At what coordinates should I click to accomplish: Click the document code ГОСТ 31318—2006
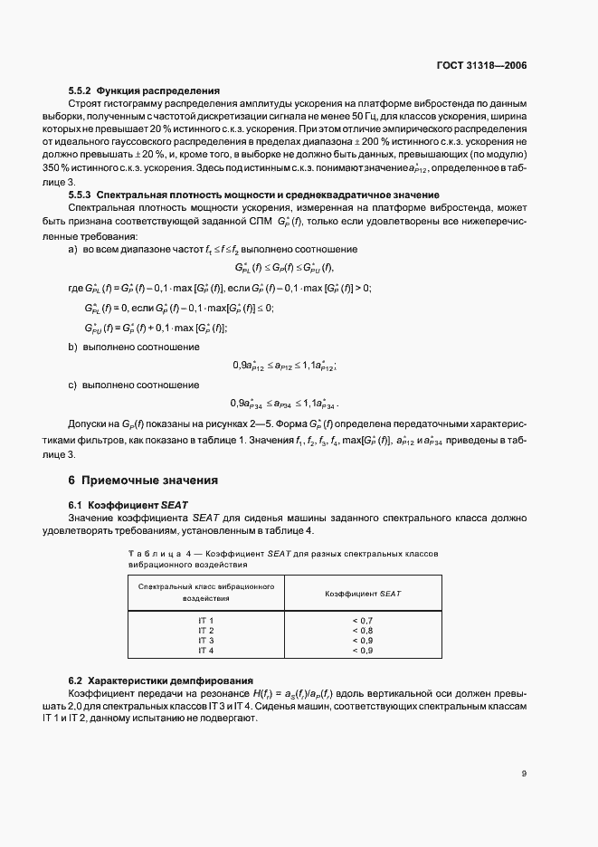click(482, 66)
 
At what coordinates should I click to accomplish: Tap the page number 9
click(524, 773)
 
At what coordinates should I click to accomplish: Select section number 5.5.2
click(80, 90)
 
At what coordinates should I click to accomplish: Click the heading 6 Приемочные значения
click(143, 480)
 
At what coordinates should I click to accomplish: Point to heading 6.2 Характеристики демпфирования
click(161, 680)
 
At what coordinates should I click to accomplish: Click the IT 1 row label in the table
click(205, 620)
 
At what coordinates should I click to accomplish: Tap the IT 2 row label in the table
click(205, 630)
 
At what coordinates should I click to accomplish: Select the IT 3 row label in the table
click(205, 640)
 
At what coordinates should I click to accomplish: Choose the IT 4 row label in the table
click(205, 650)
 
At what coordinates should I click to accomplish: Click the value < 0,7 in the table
click(362, 620)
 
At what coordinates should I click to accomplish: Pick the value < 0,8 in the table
click(362, 630)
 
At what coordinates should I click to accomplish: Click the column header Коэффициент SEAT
click(362, 593)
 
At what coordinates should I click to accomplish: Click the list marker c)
click(73, 385)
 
